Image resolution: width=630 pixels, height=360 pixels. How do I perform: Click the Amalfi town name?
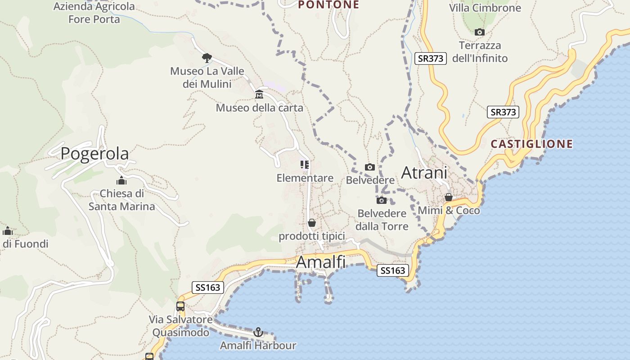tap(320, 262)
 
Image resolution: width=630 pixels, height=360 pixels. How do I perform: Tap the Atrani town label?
tap(424, 172)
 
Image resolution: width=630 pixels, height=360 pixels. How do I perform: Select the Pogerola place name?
tap(94, 153)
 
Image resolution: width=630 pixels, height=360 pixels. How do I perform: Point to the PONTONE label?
tap(328, 5)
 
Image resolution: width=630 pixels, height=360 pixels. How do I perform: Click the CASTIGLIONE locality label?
tap(531, 144)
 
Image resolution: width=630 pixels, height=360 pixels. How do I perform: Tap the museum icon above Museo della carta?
tap(259, 94)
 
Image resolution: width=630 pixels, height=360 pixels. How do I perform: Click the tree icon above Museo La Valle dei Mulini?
tap(207, 58)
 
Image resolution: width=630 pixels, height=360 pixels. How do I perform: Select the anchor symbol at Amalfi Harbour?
tap(258, 332)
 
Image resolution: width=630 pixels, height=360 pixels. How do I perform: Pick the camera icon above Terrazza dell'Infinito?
tap(480, 32)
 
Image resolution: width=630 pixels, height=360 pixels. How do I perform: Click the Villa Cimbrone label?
tap(485, 8)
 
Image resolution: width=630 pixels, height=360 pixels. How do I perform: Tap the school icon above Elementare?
tap(305, 165)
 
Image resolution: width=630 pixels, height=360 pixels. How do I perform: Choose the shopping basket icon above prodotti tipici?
tap(312, 223)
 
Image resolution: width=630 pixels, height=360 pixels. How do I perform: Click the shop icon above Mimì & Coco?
tap(449, 197)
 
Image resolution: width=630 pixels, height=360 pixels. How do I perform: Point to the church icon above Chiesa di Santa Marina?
tap(121, 180)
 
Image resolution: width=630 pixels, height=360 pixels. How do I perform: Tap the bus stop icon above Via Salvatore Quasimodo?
tap(180, 306)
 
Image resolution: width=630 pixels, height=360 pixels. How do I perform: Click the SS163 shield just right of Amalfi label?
tap(393, 270)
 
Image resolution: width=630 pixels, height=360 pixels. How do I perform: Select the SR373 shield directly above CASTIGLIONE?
tap(503, 112)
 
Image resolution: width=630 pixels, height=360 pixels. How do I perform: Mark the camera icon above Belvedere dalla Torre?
tap(382, 200)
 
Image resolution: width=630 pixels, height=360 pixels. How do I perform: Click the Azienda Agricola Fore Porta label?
tap(94, 13)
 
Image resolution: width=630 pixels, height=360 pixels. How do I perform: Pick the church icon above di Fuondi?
tap(8, 231)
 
